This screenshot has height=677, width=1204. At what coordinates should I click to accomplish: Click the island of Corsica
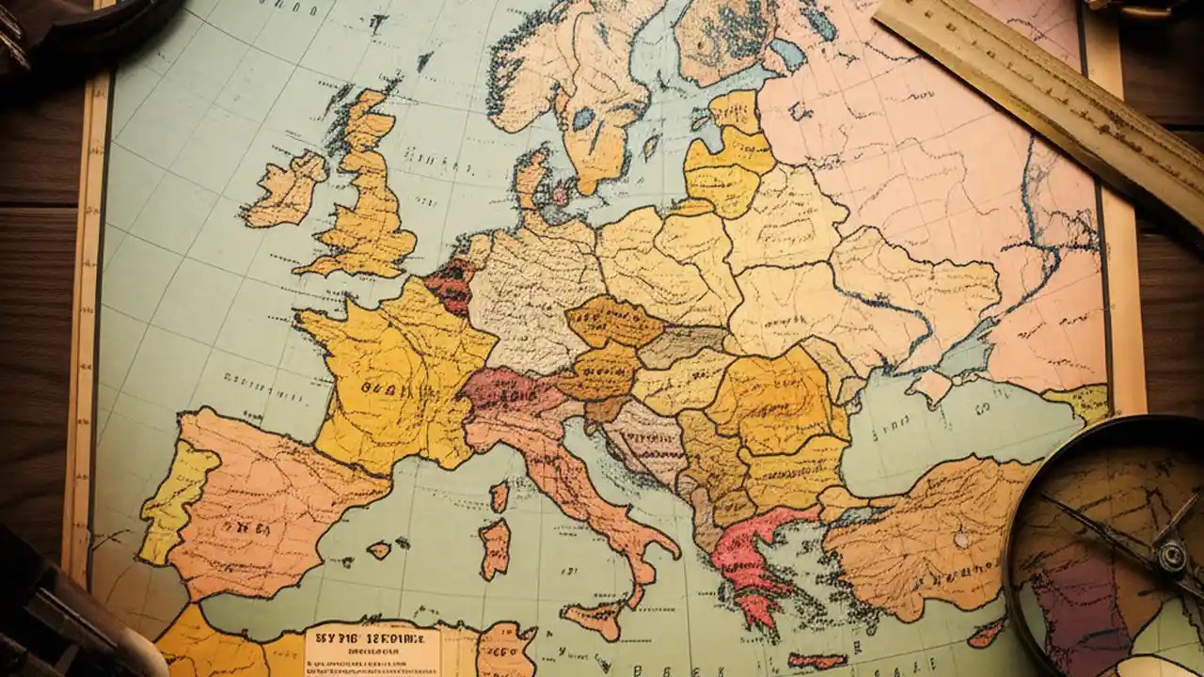tap(499, 496)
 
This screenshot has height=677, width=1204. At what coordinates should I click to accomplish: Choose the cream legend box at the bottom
tap(372, 650)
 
